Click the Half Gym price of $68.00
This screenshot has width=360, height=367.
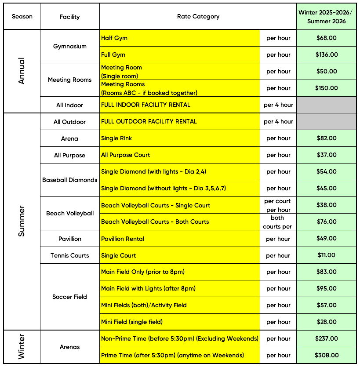pos(326,38)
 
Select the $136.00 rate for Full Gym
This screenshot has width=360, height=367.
pos(326,55)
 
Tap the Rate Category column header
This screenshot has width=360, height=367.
pos(198,17)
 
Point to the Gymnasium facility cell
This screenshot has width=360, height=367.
pos(69,47)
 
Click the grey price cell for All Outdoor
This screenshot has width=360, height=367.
pos(326,122)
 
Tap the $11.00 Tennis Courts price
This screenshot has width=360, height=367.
pos(326,255)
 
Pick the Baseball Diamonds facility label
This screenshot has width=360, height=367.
pos(69,180)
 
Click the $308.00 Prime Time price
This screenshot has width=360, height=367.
pos(326,355)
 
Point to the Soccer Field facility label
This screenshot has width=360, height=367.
pos(69,297)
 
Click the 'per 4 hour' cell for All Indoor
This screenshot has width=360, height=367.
pos(278,105)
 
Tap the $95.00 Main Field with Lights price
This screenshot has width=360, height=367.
pos(326,289)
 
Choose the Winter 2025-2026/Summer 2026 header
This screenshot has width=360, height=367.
pos(326,17)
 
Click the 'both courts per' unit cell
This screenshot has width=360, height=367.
pos(278,222)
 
